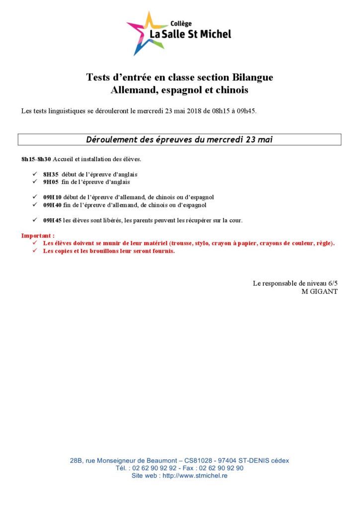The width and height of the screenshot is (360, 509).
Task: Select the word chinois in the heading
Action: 231,91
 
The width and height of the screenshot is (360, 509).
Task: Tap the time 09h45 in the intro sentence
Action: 247,111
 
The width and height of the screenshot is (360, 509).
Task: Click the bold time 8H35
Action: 51,174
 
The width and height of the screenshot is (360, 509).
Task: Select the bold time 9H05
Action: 51,182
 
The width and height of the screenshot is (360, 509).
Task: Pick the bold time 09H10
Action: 52,197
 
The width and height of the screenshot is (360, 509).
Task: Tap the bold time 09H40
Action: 52,205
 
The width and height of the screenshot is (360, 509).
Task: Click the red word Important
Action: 37,236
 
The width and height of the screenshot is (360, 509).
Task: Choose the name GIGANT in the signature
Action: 324,291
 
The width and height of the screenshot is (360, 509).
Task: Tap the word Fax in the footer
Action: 189,468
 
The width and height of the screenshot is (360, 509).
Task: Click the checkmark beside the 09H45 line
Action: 35,220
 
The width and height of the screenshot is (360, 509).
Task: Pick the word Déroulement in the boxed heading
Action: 111,140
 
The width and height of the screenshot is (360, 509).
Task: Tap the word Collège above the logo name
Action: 181,23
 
